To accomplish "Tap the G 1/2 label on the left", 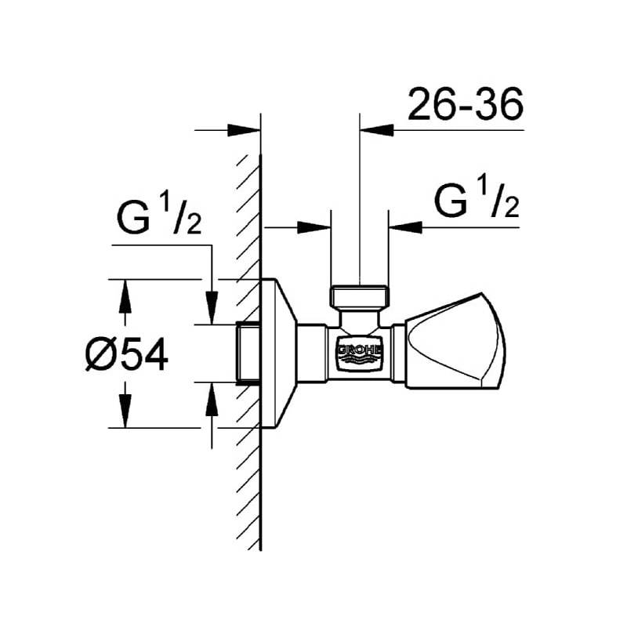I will (x=160, y=219).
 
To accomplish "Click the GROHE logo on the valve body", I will (x=360, y=353).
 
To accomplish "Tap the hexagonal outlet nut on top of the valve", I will (x=360, y=296).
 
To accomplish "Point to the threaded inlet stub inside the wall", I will (x=248, y=353).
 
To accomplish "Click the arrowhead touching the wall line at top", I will (x=245, y=129).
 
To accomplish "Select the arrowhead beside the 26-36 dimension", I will (x=376, y=129).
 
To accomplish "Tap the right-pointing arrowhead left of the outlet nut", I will (x=313, y=227).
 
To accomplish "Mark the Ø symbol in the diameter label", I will (x=102, y=355).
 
